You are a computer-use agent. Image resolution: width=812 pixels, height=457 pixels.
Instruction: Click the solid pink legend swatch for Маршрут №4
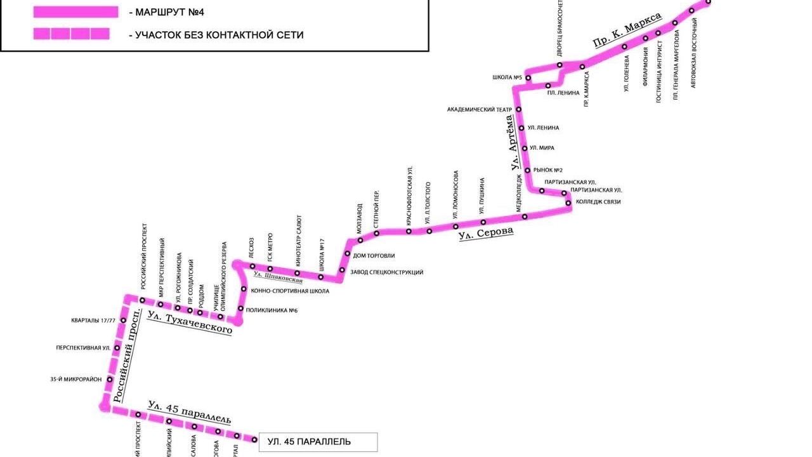point(75,12)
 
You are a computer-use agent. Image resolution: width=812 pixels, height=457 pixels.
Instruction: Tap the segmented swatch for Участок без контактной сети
point(71,34)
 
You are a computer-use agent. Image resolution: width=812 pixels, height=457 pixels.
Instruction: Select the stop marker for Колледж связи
point(569,203)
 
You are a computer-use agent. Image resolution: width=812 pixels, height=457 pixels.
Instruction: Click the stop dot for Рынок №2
point(527,170)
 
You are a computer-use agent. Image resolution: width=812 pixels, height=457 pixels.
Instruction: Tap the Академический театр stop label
point(479,110)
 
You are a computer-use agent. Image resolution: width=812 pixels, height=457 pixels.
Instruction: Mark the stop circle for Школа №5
point(527,78)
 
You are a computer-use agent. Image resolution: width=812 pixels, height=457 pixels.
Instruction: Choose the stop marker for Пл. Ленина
point(548,86)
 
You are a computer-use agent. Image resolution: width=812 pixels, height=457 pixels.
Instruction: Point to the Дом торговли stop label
point(373,256)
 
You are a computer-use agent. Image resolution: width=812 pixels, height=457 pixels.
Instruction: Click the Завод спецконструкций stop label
point(386,272)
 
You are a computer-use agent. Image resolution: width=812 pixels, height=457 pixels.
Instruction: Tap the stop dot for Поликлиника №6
point(240,309)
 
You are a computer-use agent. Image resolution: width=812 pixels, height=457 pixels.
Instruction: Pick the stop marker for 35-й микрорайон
point(110,380)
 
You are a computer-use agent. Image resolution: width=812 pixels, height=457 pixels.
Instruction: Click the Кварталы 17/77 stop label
point(93,321)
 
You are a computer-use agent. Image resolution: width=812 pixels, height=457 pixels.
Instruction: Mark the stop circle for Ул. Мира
point(525,149)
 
